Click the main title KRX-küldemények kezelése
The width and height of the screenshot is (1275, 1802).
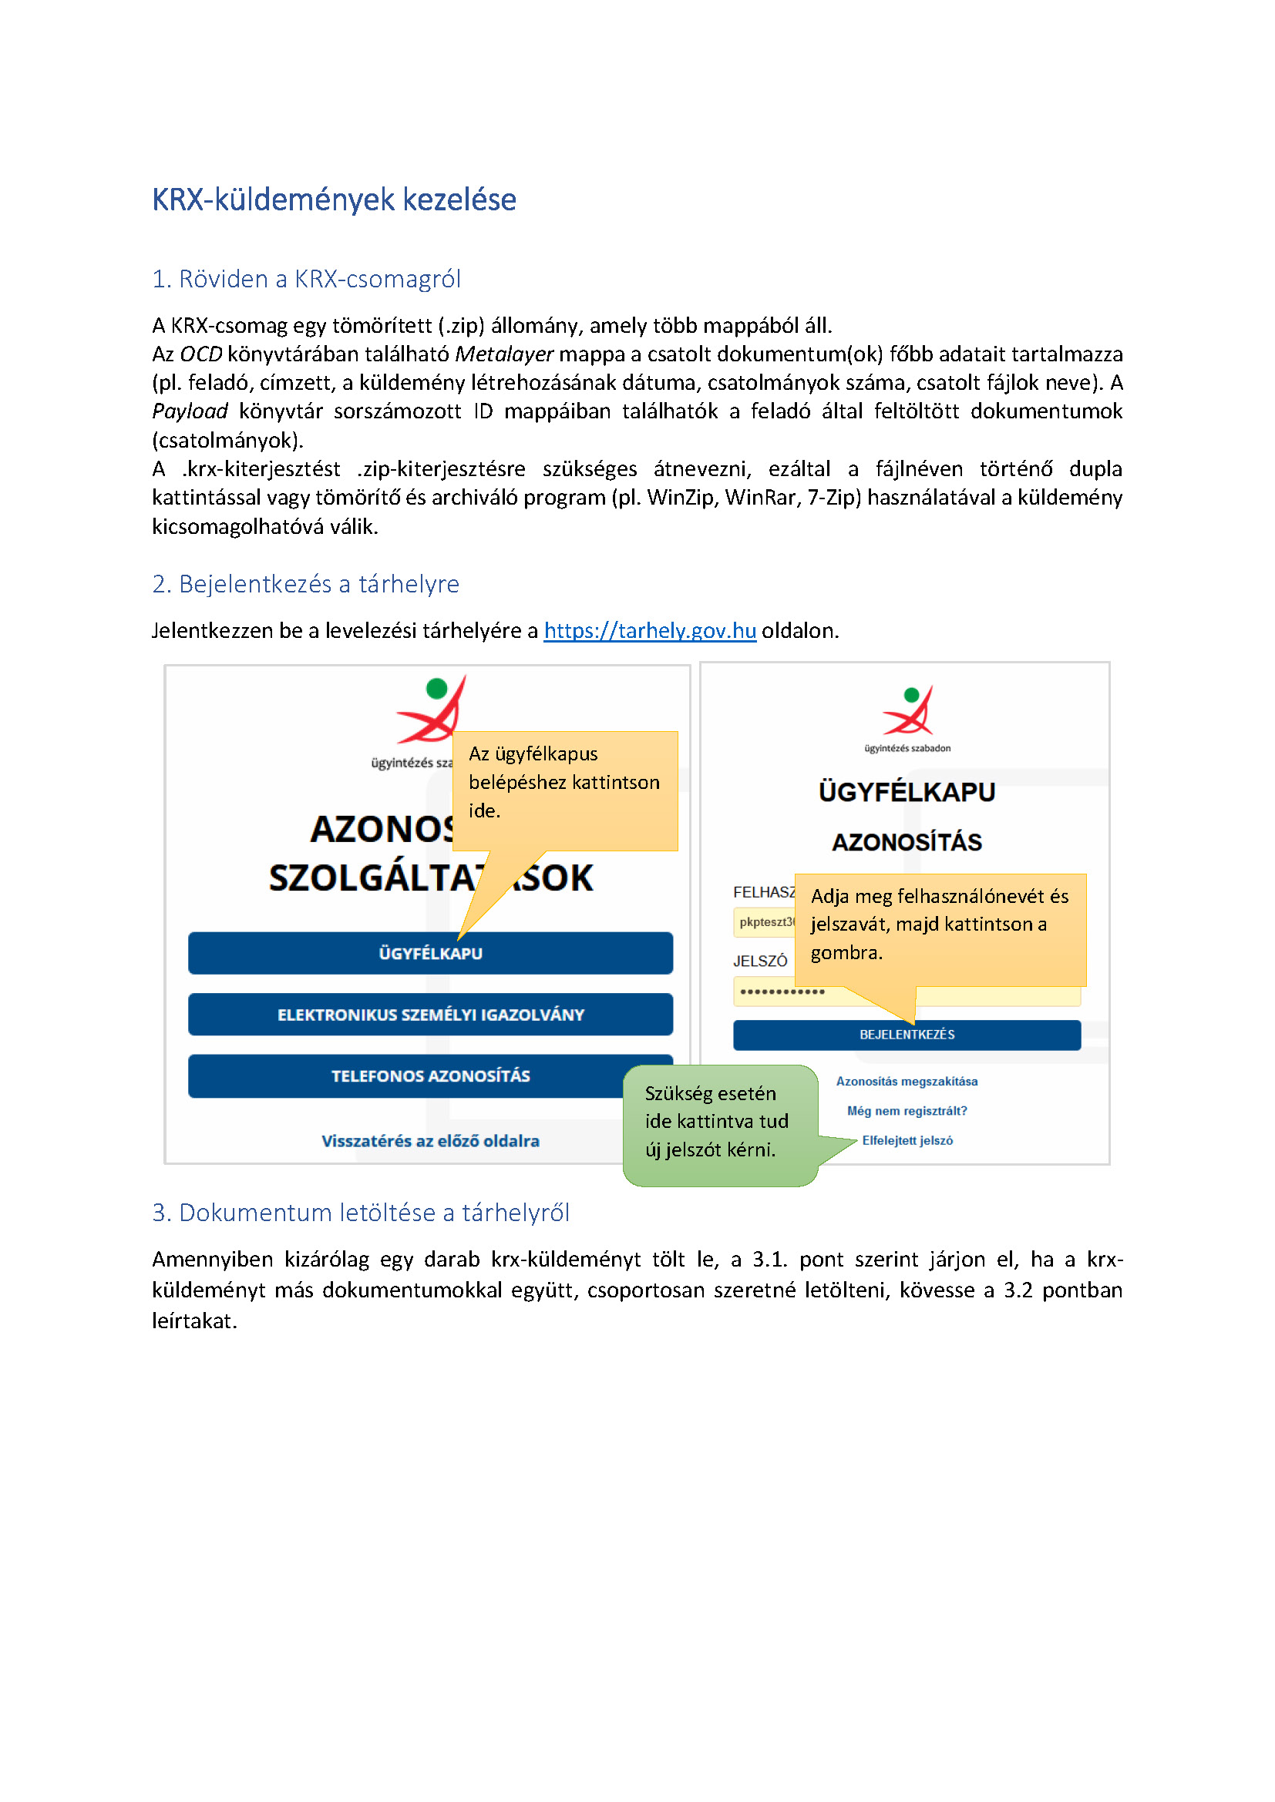coord(334,200)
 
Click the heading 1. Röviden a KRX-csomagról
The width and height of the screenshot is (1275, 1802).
coord(305,279)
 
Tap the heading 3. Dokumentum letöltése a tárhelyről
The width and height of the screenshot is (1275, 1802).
coord(360,1213)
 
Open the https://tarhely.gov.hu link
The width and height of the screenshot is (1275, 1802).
coord(649,630)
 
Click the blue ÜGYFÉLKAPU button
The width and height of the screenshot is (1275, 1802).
coord(430,954)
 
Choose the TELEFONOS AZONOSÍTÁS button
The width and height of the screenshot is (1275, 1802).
coord(430,1076)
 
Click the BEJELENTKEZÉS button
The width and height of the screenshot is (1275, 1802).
coord(907,1035)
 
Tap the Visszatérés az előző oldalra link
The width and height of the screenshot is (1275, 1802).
coord(430,1141)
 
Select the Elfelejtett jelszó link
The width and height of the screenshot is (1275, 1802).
coord(907,1140)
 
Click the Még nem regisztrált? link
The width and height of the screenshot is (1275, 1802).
coord(907,1111)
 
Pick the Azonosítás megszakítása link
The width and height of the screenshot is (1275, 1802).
coord(907,1082)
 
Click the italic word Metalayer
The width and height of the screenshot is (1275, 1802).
coord(504,354)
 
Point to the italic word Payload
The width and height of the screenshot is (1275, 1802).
coord(189,411)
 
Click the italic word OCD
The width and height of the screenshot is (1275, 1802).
coord(201,354)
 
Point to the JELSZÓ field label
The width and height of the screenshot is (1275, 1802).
coord(760,961)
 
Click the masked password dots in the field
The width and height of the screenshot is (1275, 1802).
coord(782,992)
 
